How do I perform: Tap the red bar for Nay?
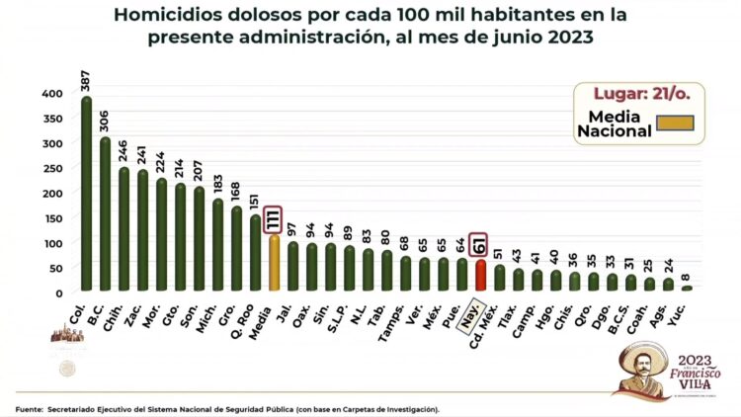coord(480,276)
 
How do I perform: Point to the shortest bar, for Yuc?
coord(687,289)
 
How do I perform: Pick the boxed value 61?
coord(480,243)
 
